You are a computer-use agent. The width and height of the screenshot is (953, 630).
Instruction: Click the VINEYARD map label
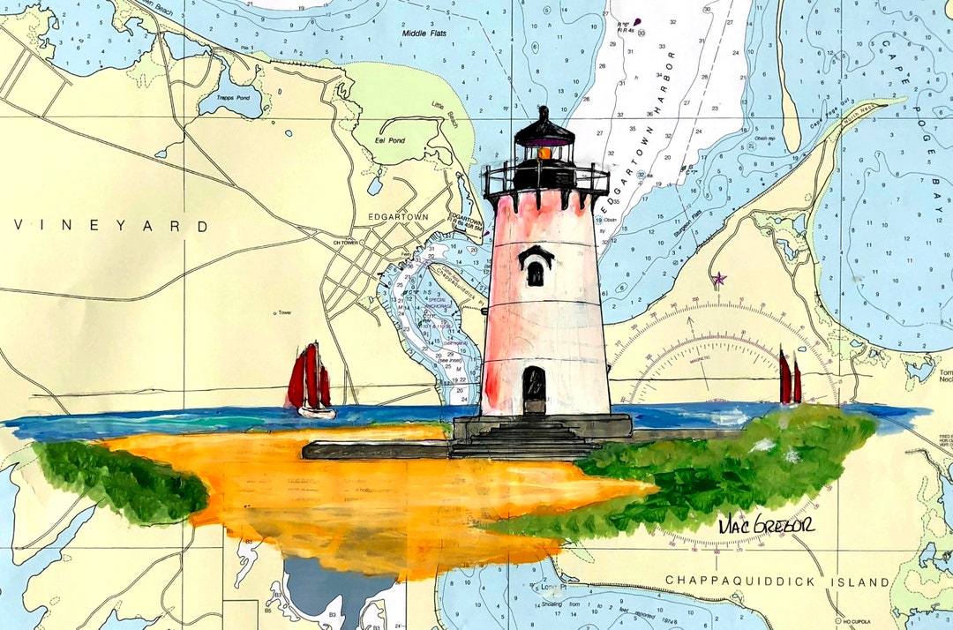click(x=109, y=227)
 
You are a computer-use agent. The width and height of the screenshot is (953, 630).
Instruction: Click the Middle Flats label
click(x=424, y=34)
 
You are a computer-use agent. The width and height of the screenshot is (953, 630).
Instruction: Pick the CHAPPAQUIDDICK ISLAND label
click(x=777, y=581)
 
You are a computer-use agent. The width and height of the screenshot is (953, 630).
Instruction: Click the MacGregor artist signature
click(x=766, y=524)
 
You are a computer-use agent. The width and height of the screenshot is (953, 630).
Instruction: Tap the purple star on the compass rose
click(x=718, y=279)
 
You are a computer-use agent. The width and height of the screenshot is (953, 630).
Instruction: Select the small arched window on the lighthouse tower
click(x=536, y=273)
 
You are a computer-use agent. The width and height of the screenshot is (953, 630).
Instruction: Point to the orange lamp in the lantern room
click(x=545, y=154)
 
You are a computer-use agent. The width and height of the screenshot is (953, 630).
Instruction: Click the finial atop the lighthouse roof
click(x=544, y=113)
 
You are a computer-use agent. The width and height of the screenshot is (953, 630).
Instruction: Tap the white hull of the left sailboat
click(x=316, y=411)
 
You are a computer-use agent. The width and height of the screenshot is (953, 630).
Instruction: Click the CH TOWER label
click(x=345, y=243)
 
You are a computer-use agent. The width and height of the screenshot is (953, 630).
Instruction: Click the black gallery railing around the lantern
click(x=545, y=177)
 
